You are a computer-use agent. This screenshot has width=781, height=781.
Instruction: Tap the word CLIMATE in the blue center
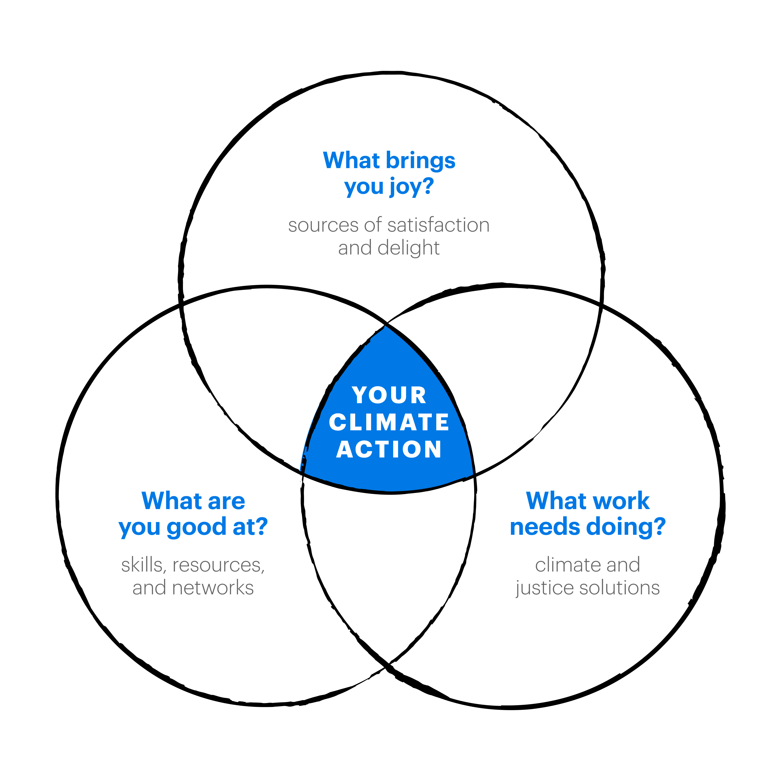pos(389,422)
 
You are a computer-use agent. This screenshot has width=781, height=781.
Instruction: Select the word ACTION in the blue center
pos(389,449)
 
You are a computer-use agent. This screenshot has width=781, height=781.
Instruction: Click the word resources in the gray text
pos(218,565)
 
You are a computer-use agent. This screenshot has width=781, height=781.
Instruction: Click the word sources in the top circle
pos(323,226)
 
